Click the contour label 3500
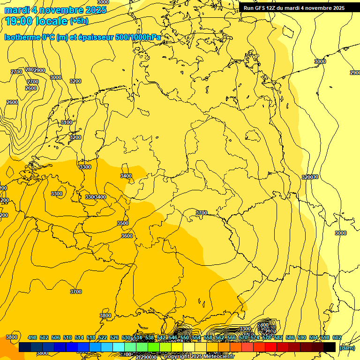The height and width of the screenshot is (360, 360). pos(123,223)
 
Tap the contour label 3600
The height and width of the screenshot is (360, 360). pos(127,236)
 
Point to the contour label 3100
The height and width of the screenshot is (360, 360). pos(67,122)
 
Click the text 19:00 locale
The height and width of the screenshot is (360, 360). pos(36,21)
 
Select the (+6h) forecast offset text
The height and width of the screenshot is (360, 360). pos(78,21)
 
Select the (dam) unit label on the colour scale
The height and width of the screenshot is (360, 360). pos(347,348)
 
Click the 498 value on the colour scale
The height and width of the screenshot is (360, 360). pos(32,337)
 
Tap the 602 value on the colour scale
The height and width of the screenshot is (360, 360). pos(337,337)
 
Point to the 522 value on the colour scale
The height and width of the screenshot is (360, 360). pos(103,337)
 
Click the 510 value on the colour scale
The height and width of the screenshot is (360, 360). pos(67,337)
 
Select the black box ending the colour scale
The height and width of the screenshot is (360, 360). pos(330,347)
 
